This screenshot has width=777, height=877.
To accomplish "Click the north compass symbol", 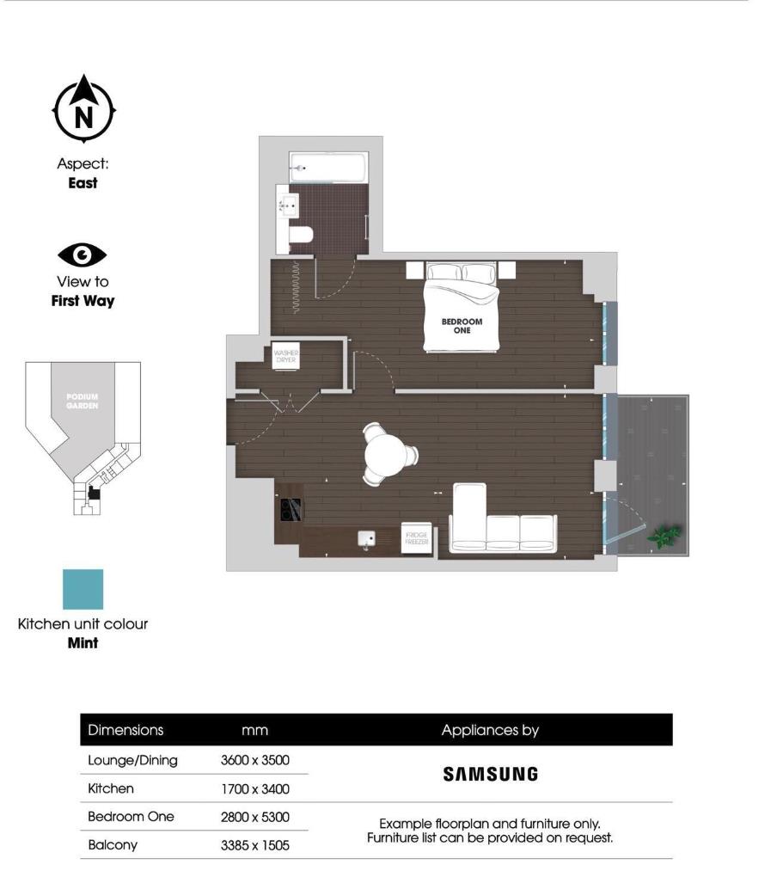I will click(84, 109).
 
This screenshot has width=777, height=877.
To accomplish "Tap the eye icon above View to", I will click(83, 255).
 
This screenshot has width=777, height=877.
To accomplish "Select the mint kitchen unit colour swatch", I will click(83, 589).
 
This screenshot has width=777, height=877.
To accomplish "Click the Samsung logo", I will click(490, 774).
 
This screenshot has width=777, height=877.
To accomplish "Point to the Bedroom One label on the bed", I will click(462, 325).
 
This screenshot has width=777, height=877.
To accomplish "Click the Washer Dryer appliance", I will click(285, 357).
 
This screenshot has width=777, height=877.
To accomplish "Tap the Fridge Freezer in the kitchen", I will click(417, 539).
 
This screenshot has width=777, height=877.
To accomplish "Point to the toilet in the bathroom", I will click(300, 235).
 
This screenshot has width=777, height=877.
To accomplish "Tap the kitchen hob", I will click(288, 511).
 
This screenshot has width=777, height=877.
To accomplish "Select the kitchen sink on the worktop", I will click(367, 538).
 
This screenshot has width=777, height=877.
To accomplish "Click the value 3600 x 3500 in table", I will click(255, 760).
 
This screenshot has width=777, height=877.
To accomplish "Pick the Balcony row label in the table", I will click(113, 844).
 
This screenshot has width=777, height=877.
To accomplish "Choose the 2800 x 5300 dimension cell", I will click(255, 817).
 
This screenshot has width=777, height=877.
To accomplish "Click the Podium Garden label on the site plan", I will click(83, 402).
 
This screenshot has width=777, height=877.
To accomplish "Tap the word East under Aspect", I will click(83, 183).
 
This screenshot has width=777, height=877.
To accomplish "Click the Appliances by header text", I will click(490, 730).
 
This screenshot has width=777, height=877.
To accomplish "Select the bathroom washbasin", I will click(288, 205).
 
